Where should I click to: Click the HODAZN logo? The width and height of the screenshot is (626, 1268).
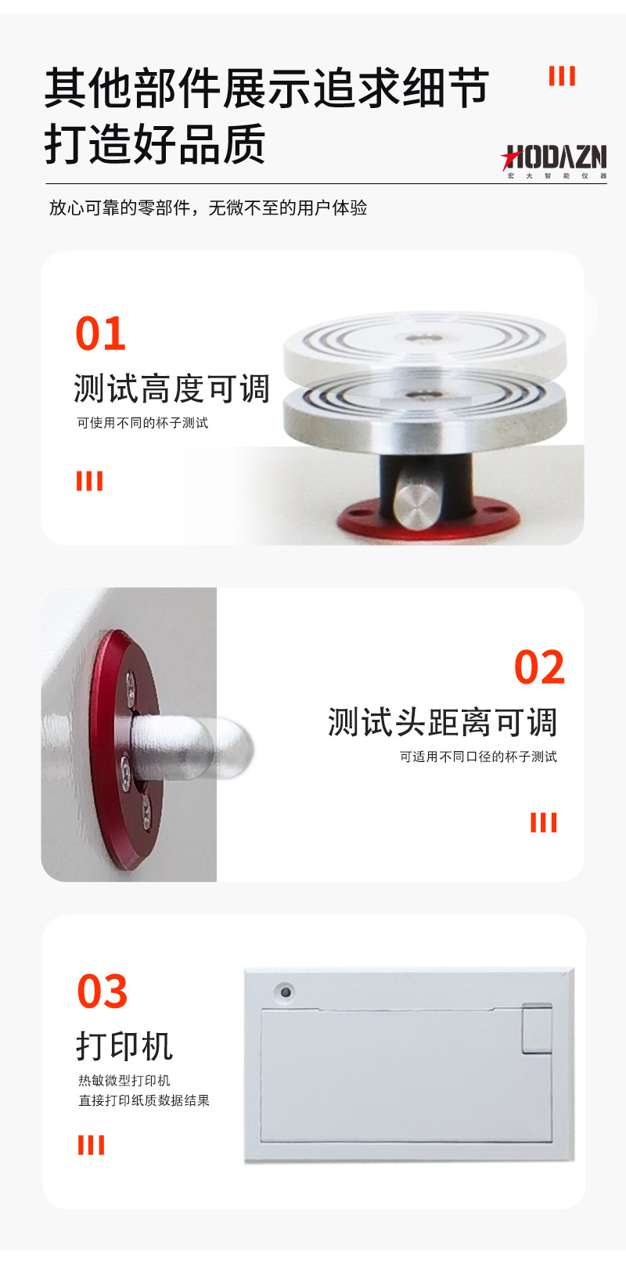coord(553,161)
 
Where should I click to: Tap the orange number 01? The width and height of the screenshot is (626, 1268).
coord(101,334)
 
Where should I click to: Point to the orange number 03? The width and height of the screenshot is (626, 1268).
coord(103,991)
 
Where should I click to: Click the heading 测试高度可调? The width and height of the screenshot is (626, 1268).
coord(172,388)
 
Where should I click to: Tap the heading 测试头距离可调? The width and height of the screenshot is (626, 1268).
coord(442,722)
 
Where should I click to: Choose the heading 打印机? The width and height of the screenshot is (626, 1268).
coord(124,1046)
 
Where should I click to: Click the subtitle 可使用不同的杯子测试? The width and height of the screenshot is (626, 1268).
coord(142,423)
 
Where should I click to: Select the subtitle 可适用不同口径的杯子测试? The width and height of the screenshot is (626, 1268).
coord(478,757)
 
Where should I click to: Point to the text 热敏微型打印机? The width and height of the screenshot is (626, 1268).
coord(124,1081)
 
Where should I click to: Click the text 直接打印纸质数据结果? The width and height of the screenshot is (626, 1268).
coord(144,1100)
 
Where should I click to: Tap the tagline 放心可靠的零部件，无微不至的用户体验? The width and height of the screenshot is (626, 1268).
coord(208,208)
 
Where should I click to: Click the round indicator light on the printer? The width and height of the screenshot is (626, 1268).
coord(286,992)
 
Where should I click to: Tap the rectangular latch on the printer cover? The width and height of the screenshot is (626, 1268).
coord(537,1028)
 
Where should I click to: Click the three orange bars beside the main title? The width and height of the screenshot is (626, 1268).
coord(562,76)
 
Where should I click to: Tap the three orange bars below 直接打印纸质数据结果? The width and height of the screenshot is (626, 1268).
coord(91,1144)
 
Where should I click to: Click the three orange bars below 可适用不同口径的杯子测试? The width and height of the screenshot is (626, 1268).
coord(543,822)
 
